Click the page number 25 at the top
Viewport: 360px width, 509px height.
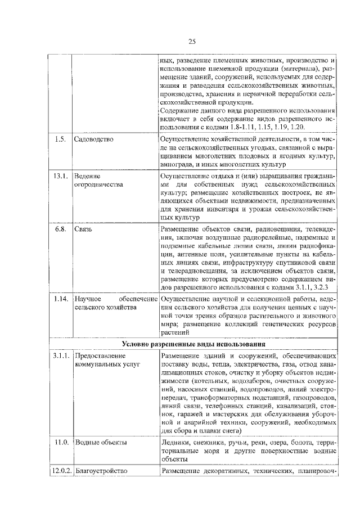[191, 41]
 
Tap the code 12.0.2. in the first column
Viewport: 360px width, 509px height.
[60, 470]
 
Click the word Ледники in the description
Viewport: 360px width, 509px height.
[174, 443]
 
